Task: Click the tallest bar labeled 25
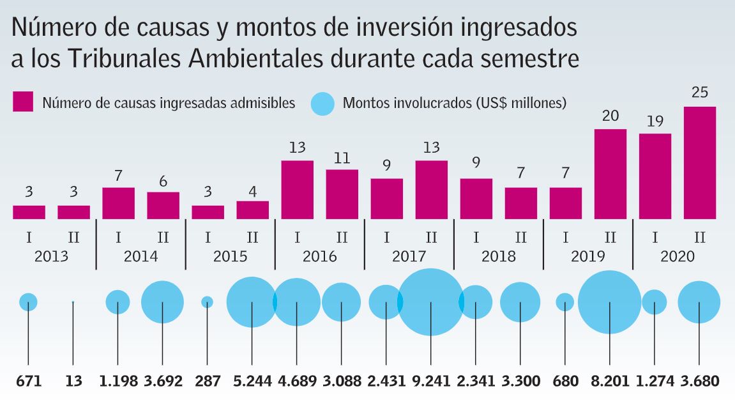tap(699, 163)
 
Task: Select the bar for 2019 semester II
tap(610, 174)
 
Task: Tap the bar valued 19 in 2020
tap(655, 176)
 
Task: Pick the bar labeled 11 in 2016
tap(342, 194)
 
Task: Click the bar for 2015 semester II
tap(252, 210)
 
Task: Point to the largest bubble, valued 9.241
tap(431, 302)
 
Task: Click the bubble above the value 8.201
tap(610, 302)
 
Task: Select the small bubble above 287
tap(207, 302)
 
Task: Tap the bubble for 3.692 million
tap(162, 302)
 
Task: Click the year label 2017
tap(409, 257)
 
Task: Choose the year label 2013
tap(51, 257)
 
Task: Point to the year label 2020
tap(677, 257)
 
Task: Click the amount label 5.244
tap(252, 382)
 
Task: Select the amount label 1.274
tap(655, 382)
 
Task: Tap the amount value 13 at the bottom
tap(73, 382)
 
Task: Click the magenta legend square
tap(23, 102)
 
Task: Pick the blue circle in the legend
tap(322, 102)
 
